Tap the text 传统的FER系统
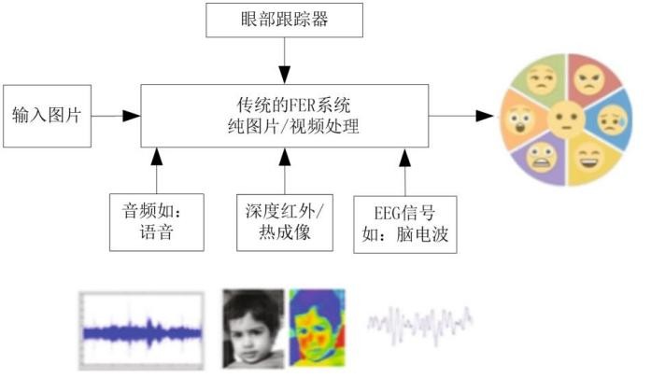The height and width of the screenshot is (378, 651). (293, 105)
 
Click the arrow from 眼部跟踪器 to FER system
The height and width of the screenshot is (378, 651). (284, 61)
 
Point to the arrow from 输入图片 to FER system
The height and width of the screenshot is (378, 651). (116, 116)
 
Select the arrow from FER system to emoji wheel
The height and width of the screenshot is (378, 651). (461, 116)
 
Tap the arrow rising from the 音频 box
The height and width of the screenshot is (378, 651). (157, 171)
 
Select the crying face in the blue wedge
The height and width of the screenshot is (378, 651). (613, 119)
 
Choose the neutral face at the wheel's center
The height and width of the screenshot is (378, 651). (565, 119)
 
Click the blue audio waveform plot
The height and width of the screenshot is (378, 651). (142, 330)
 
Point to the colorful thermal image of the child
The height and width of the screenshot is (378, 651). (318, 328)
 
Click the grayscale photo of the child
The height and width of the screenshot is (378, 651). (253, 329)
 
